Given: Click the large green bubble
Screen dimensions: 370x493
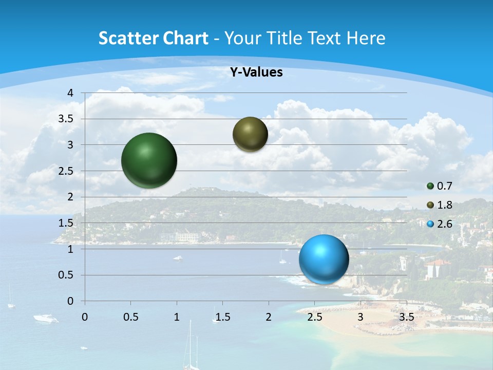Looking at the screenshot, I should [x=149, y=160].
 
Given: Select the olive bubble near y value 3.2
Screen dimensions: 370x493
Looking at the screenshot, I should [x=250, y=134].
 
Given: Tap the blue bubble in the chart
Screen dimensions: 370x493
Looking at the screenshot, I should [x=324, y=260].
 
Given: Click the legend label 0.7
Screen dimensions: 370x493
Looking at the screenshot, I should [x=444, y=186].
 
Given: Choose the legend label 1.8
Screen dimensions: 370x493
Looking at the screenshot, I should [x=444, y=205].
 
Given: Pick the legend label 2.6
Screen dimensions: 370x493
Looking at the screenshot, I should [x=444, y=224].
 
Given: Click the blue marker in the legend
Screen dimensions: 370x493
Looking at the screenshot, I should [x=430, y=224].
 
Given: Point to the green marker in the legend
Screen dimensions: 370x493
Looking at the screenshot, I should [x=430, y=186].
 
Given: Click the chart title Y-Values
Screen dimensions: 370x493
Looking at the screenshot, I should [x=256, y=72].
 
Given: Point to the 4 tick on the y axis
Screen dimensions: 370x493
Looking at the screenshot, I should [x=70, y=93].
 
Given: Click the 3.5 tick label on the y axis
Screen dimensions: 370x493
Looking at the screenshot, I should [x=66, y=119].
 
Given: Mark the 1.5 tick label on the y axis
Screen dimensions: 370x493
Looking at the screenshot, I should [x=66, y=223].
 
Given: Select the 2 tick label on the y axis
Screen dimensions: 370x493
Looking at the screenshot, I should [x=70, y=197].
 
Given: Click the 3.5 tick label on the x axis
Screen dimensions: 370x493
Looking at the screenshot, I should [x=406, y=317].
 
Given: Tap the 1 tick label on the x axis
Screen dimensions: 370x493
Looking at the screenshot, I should [x=177, y=317].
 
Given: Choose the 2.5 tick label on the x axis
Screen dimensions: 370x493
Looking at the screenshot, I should [x=314, y=317].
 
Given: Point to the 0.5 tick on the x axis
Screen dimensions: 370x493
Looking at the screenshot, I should [x=130, y=317].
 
